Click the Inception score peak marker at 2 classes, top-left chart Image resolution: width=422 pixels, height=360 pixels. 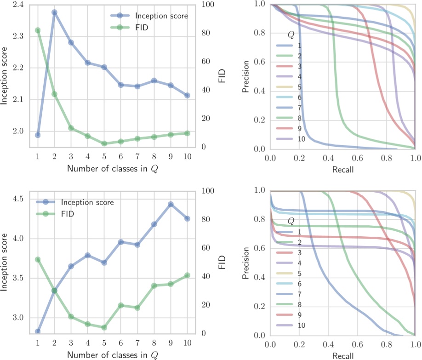[54, 12]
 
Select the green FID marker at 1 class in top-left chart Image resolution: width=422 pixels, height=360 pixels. [38, 30]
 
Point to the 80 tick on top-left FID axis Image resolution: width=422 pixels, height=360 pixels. [204, 33]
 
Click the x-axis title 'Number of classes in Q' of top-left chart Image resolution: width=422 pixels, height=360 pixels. [113, 168]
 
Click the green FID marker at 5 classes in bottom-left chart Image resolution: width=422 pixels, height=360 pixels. [104, 327]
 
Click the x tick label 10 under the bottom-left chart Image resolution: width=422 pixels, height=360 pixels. [187, 343]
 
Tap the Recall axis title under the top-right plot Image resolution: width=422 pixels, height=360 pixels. [342, 169]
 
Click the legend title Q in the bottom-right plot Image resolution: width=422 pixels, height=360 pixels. [291, 221]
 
